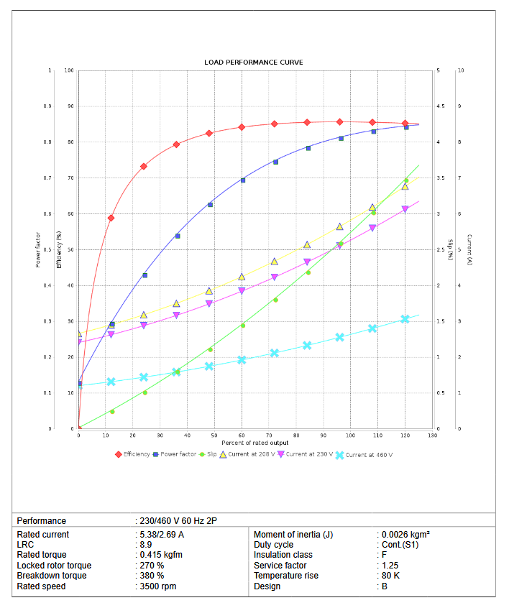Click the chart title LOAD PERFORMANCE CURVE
tap(253, 63)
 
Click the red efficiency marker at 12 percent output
tap(111, 218)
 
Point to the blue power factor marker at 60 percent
tap(242, 180)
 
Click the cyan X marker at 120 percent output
tap(405, 319)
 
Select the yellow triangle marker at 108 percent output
tap(372, 207)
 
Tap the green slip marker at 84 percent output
tap(308, 272)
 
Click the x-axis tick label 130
tap(433, 436)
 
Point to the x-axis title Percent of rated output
tap(255, 443)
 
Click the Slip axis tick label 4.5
tap(440, 106)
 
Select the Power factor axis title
tap(38, 249)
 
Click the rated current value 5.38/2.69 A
tap(161, 535)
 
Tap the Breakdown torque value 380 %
tap(151, 576)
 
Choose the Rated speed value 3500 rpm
tap(157, 586)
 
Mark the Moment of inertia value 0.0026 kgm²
tap(405, 535)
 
